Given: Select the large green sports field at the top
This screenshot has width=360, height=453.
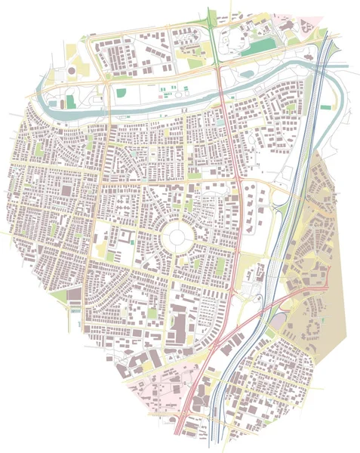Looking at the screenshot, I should click(x=261, y=47).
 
